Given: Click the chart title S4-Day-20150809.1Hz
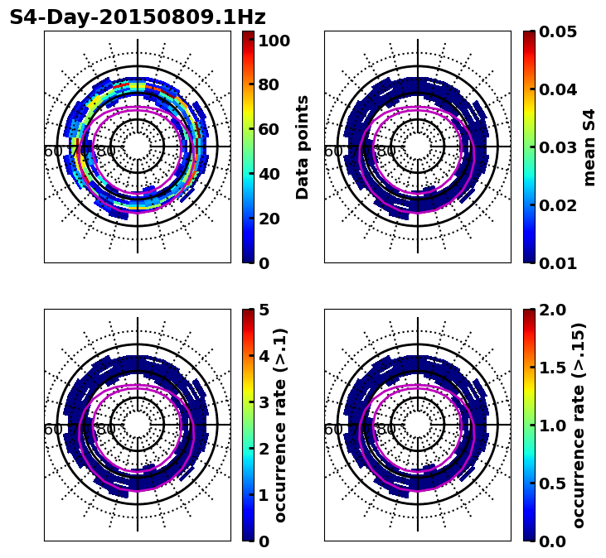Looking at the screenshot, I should [138, 17].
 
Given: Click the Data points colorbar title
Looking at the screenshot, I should [303, 147].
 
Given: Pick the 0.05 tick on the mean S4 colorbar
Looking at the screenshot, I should [557, 31].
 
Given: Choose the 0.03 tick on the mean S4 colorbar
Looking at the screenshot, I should [557, 147].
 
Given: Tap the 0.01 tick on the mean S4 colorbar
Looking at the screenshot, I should [557, 263].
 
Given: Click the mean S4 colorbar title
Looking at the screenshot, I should [589, 147].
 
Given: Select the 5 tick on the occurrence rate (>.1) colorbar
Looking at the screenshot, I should [264, 310].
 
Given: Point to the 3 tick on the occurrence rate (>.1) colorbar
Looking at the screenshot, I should [264, 402].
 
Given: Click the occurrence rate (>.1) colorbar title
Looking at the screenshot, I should [280, 426].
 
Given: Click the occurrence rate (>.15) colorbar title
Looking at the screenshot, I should [579, 426].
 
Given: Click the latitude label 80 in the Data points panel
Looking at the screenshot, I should [106, 152].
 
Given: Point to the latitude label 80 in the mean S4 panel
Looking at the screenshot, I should [386, 152].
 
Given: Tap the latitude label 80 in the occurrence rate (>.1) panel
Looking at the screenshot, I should [106, 430].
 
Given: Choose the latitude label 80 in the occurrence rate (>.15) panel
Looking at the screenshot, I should [386, 430].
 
